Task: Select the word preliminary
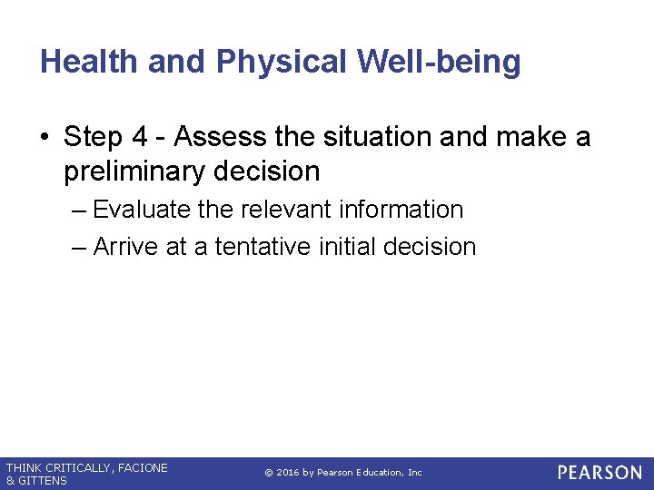(x=134, y=171)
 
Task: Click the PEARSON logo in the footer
(x=599, y=473)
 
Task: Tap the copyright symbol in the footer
(x=269, y=473)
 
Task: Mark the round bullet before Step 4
(x=45, y=138)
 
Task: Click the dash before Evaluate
(x=79, y=211)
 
